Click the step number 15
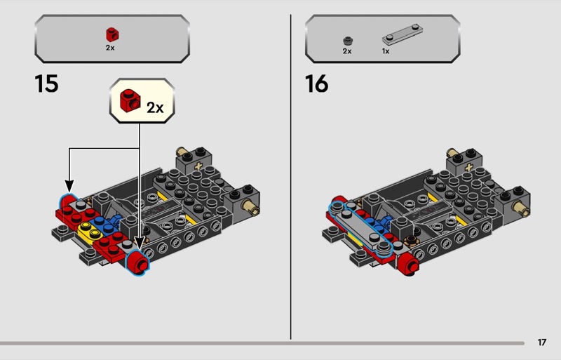[46, 84]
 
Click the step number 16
[317, 84]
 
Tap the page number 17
[542, 342]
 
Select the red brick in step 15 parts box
[112, 34]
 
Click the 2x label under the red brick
[110, 48]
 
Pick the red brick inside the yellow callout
[130, 100]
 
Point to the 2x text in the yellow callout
[155, 107]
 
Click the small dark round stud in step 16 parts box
[348, 41]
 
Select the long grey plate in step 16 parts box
[403, 35]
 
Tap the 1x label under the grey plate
[386, 51]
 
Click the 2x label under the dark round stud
[347, 51]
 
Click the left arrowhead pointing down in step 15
[69, 186]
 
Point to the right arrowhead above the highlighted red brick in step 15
[139, 244]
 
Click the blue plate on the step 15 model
[104, 224]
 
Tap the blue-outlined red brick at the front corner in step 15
[137, 262]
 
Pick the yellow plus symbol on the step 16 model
[468, 167]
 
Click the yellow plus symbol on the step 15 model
[198, 166]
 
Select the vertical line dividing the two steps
[290, 177]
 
